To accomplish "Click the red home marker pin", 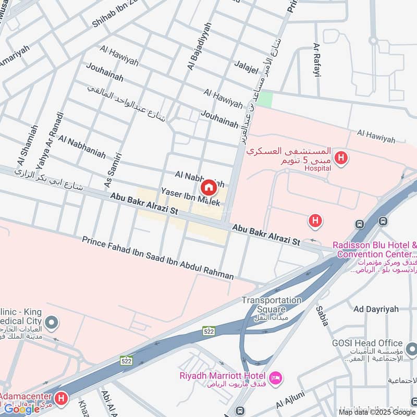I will pyautogui.click(x=208, y=188).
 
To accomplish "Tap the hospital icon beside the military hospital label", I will pyautogui.click(x=341, y=157).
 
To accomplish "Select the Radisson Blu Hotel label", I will pyautogui.click(x=374, y=246).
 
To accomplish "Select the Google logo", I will pyautogui.click(x=22, y=409).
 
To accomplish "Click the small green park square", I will pyautogui.click(x=265, y=99).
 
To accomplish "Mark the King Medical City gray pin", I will pyautogui.click(x=51, y=323).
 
